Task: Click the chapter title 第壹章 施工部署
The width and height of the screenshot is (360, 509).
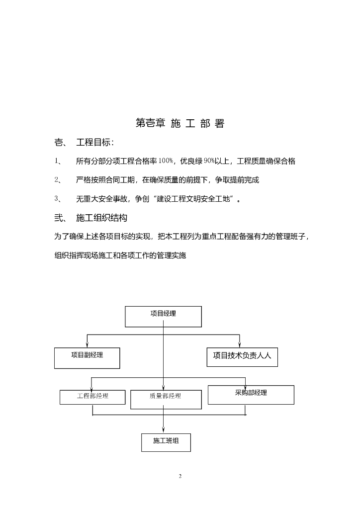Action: [x=180, y=124]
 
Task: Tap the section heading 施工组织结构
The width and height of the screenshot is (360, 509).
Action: [x=102, y=218]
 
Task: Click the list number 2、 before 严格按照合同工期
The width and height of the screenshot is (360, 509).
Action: [x=58, y=179]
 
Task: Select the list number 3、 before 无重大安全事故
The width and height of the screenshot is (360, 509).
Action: [x=58, y=199]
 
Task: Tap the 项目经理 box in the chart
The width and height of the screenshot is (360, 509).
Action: [x=163, y=316]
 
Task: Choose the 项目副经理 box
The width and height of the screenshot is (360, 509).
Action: [x=87, y=357]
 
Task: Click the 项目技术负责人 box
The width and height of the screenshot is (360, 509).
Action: [x=242, y=356]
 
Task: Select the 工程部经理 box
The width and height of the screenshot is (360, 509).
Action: [x=92, y=397]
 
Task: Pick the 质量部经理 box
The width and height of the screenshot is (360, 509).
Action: [x=166, y=399]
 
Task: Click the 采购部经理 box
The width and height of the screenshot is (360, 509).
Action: [x=251, y=394]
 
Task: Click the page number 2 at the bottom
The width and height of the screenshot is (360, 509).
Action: [x=180, y=476]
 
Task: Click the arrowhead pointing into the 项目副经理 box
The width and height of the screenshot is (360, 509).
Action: [x=87, y=344]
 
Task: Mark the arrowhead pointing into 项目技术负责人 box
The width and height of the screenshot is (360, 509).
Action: [x=240, y=344]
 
